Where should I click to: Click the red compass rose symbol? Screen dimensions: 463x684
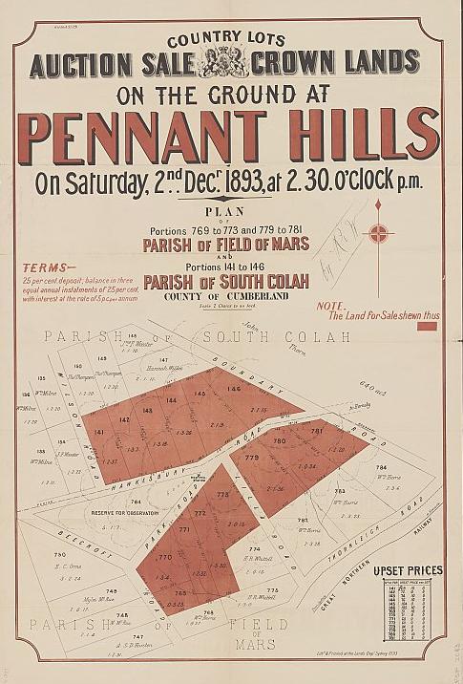[x=380, y=232]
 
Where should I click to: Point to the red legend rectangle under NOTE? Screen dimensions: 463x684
[x=427, y=326]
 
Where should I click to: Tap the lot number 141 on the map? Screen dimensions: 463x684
[x=99, y=433]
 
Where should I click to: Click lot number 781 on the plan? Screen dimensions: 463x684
[x=317, y=432]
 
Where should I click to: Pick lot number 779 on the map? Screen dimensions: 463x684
[x=252, y=459]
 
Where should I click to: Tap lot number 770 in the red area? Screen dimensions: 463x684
[x=163, y=557]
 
